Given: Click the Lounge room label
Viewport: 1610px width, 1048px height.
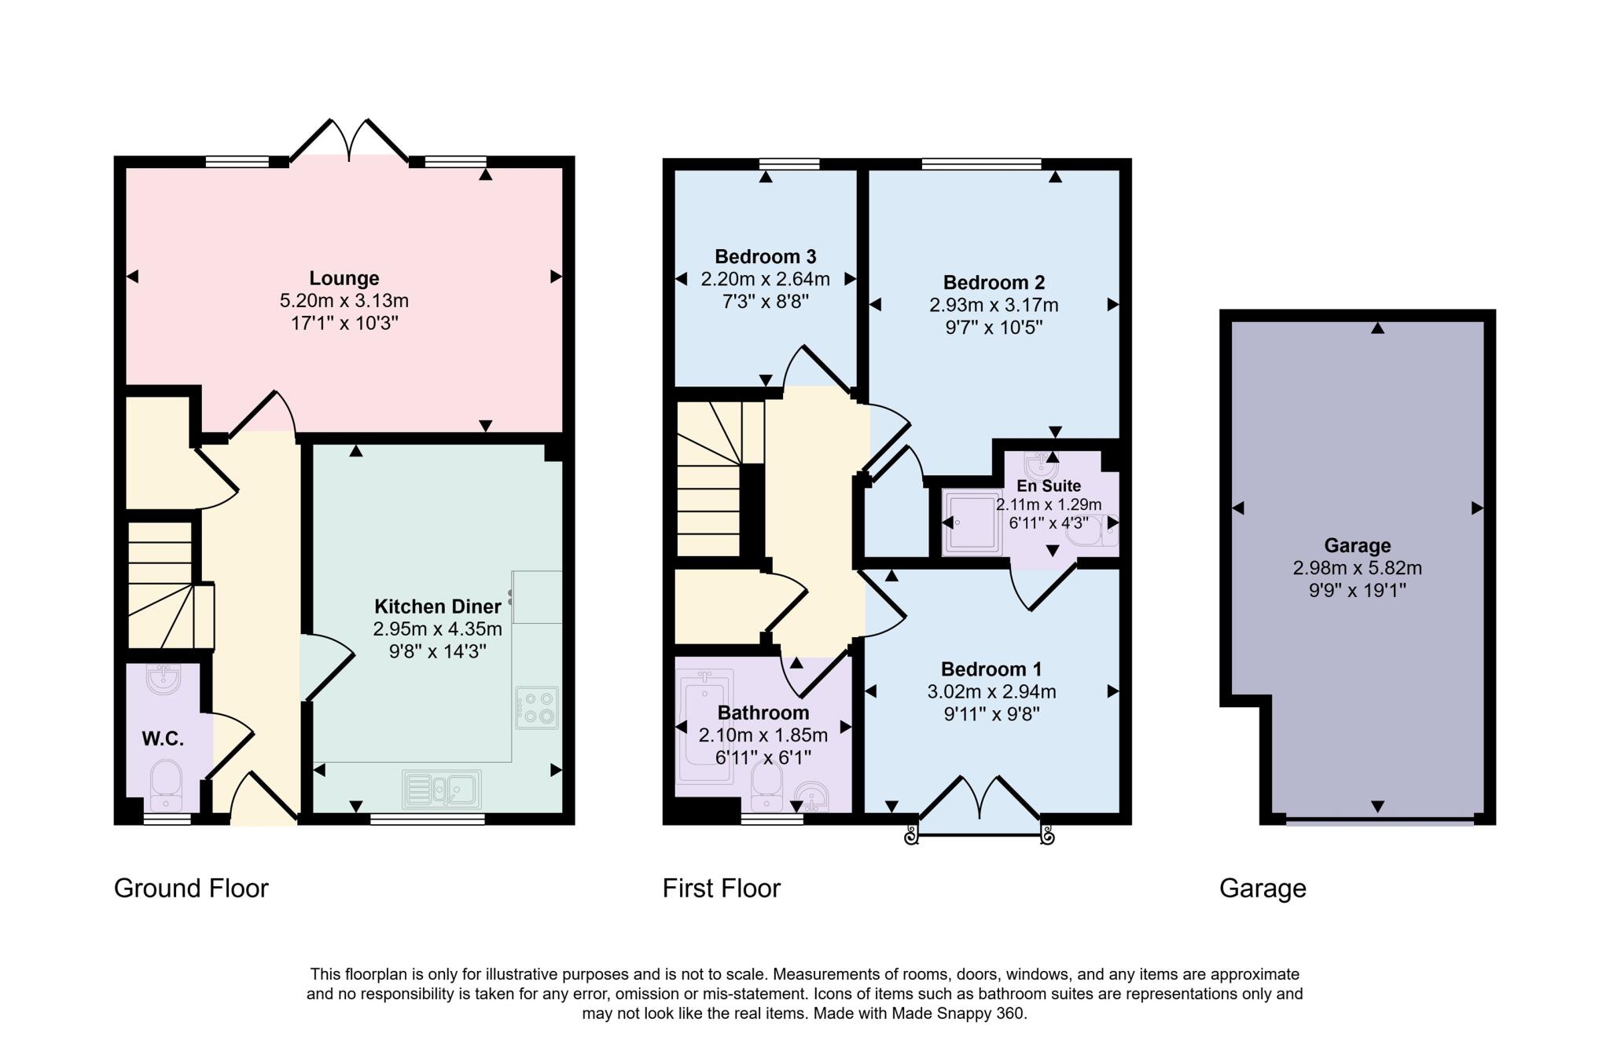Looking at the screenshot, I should click(344, 278).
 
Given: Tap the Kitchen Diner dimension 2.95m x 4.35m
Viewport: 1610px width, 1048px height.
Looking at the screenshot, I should click(437, 629).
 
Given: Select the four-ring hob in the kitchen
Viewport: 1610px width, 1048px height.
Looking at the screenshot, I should click(537, 708).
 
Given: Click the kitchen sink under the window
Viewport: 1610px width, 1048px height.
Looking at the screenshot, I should click(441, 790).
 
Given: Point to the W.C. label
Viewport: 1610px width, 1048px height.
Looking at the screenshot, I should click(163, 738).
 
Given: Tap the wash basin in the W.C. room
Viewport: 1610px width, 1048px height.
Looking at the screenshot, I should click(164, 680).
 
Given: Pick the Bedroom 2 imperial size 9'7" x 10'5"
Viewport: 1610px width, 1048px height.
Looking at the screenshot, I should click(994, 328).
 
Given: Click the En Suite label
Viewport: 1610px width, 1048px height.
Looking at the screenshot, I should click(1049, 486).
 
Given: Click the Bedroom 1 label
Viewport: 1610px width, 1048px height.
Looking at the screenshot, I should click(991, 669).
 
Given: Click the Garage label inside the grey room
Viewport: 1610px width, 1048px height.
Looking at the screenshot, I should click(1357, 545).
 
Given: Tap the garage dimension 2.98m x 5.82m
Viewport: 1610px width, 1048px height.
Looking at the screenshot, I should click(1357, 568).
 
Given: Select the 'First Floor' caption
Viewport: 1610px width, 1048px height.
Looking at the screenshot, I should click(721, 889).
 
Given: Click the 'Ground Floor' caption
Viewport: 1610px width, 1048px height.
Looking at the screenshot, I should click(191, 889).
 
